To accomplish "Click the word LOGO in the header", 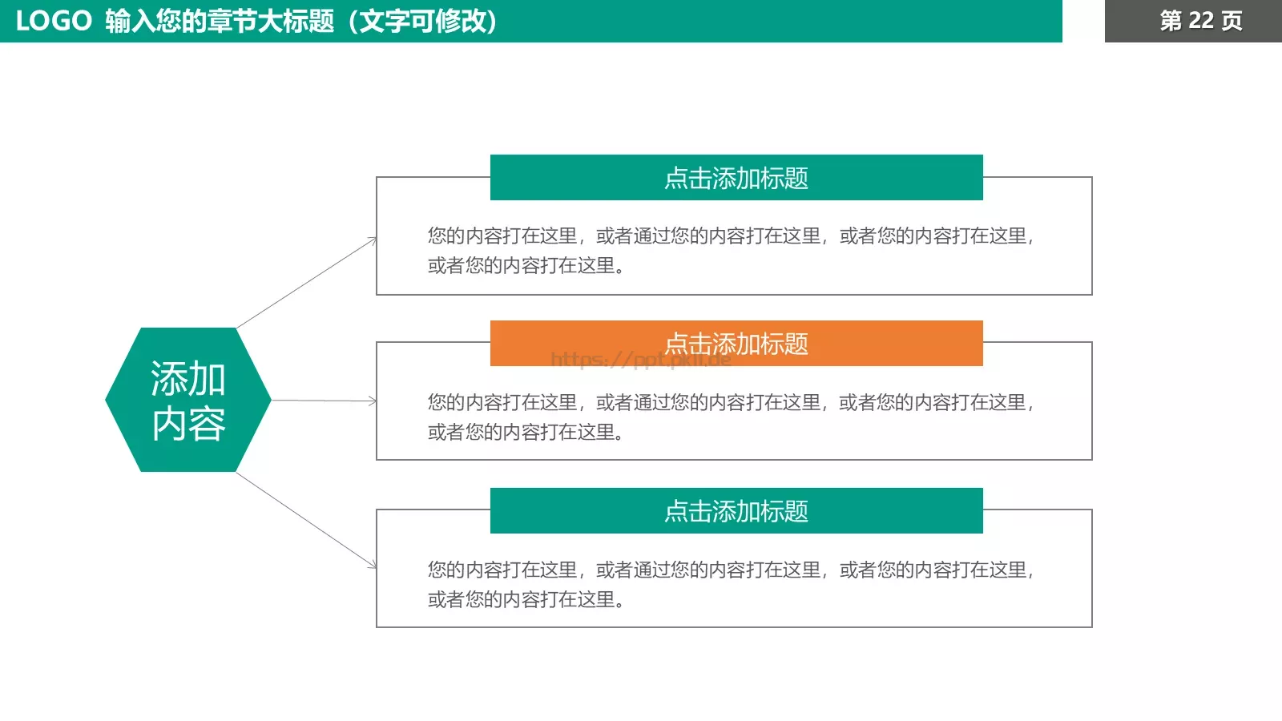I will [x=54, y=21].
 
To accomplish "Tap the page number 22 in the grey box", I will [x=1200, y=21].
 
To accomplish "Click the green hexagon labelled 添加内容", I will [x=188, y=400].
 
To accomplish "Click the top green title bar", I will [x=736, y=178].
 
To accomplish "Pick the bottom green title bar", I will [x=736, y=511].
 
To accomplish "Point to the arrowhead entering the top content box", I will [x=373, y=240].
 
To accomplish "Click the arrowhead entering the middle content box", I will [x=373, y=401].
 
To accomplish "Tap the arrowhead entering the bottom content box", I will [x=373, y=566].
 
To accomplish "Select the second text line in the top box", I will [x=526, y=265].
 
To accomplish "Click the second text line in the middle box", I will [x=526, y=432].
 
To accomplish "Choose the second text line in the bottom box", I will [x=526, y=599].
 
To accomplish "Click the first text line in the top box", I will [x=731, y=236].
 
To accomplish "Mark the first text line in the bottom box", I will [x=731, y=570].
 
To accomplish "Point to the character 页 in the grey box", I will [x=1232, y=21].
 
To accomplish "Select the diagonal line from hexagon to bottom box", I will [x=304, y=519].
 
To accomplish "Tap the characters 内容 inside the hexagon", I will [x=188, y=424].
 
